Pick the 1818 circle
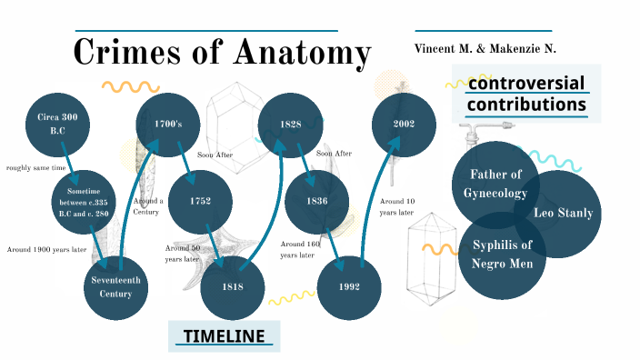232,286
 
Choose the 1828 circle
291,124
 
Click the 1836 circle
317,200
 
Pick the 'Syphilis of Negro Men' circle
502,254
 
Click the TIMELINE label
224,336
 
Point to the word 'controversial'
526,84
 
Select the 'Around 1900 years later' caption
46,249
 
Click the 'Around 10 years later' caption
397,206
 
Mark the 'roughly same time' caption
35,167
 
